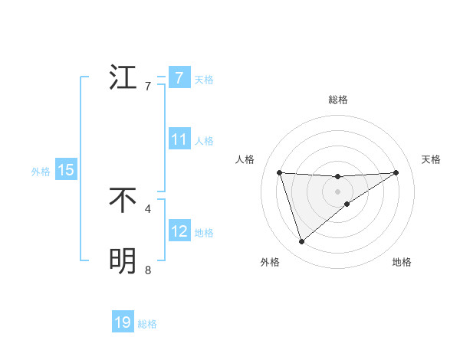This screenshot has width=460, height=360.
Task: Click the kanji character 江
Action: click(123, 78)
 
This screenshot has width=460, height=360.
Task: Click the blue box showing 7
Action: click(179, 78)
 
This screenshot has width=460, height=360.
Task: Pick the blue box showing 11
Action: click(179, 139)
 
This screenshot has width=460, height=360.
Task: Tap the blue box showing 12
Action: click(179, 231)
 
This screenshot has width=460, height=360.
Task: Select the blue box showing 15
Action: click(66, 170)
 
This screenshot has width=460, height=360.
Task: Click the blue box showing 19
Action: click(123, 322)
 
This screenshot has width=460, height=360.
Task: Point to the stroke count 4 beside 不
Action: click(148, 208)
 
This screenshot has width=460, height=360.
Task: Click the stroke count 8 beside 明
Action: click(148, 270)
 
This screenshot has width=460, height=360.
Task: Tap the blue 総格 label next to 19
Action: click(147, 324)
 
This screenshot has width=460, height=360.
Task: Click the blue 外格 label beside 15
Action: click(41, 172)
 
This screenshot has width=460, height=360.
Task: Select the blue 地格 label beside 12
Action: click(204, 233)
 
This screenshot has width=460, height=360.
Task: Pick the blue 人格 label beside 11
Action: click(204, 141)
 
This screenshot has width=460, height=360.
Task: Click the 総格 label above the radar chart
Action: click(338, 100)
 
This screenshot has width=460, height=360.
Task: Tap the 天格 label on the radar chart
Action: click(432, 159)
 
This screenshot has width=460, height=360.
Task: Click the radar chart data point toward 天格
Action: click(396, 172)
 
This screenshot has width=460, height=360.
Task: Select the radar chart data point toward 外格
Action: click(301, 242)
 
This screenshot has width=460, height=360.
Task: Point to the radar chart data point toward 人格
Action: click(280, 172)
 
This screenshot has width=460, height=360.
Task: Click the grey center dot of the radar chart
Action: click(338, 191)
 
